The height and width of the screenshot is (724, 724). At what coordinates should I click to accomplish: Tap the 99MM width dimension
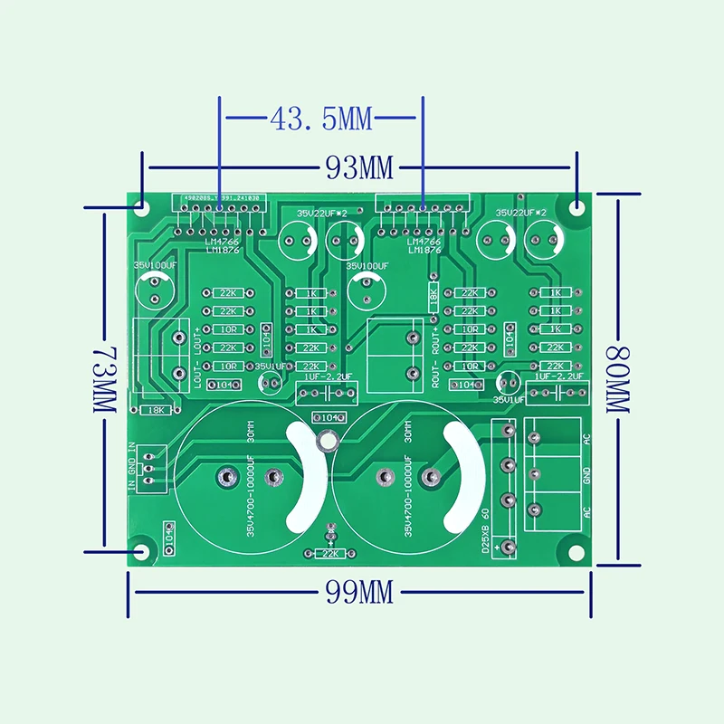358,593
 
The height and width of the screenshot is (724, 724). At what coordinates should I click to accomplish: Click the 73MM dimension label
104,378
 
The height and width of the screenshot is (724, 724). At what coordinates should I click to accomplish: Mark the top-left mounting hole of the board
142,206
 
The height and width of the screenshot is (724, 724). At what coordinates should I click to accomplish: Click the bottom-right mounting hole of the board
574,551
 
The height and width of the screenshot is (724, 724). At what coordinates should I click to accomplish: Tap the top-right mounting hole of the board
577,206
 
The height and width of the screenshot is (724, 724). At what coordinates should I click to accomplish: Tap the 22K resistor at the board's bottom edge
329,553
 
